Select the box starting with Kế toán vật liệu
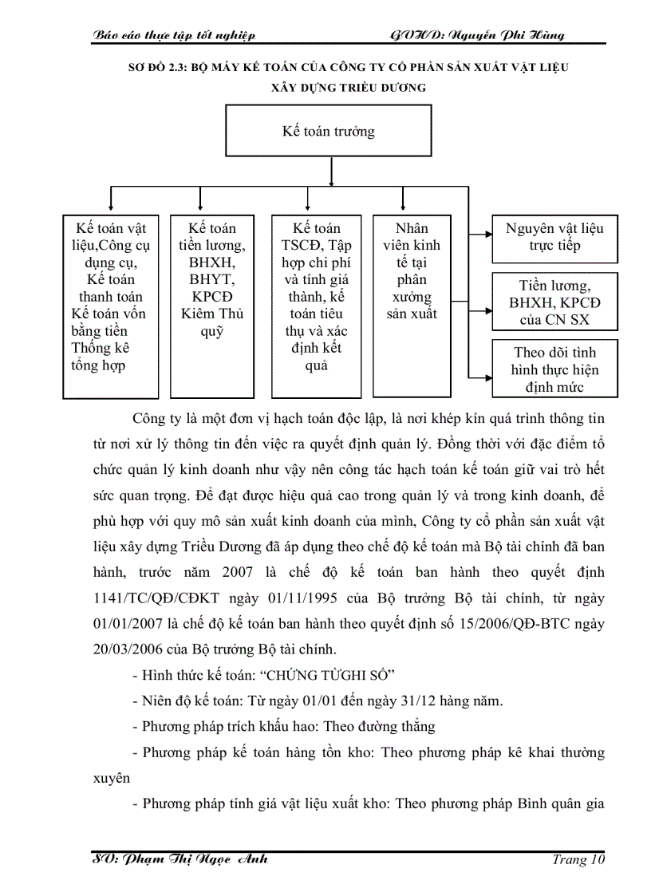[x=111, y=306]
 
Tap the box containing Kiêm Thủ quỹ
[x=212, y=306]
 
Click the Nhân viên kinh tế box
[x=412, y=306]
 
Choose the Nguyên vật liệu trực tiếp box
[x=554, y=238]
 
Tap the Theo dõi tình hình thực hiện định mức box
[x=554, y=369]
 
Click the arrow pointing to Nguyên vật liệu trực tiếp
[x=483, y=235]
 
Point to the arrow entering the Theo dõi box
[x=483, y=375]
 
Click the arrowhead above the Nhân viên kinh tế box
[x=399, y=205]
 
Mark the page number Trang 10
[x=578, y=860]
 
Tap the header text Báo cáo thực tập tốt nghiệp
[x=174, y=35]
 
